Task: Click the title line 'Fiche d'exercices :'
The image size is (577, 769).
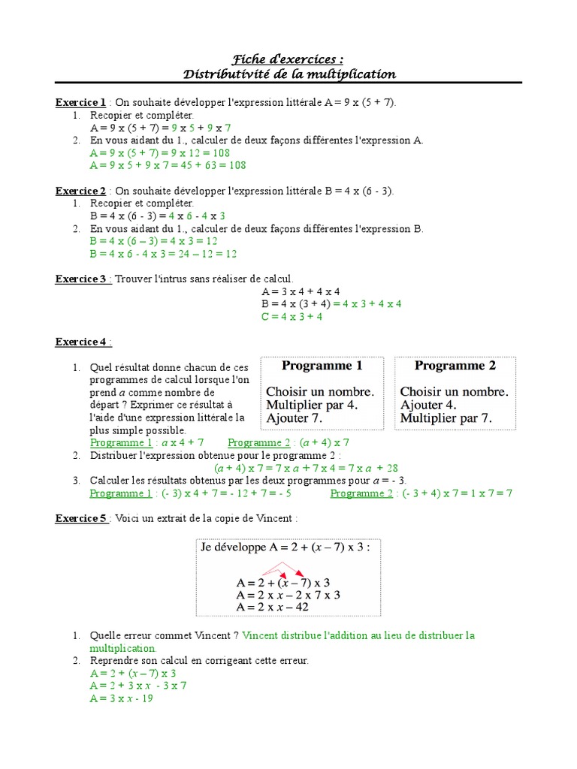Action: (x=288, y=59)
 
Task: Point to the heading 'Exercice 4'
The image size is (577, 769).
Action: (x=83, y=342)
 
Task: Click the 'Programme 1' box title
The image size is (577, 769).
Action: (x=322, y=366)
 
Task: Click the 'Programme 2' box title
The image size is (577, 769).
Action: (x=455, y=366)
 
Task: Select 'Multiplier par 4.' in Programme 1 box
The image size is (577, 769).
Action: (x=312, y=405)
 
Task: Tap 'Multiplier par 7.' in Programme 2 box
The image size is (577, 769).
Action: (x=446, y=418)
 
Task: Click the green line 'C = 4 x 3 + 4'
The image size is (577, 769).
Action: (x=292, y=316)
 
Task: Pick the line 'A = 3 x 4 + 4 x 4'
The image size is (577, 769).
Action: (x=301, y=291)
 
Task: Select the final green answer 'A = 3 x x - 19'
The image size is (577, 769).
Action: (x=122, y=698)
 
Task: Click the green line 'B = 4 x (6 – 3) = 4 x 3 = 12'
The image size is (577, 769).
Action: (x=153, y=241)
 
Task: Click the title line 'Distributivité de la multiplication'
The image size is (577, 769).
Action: (x=288, y=74)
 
